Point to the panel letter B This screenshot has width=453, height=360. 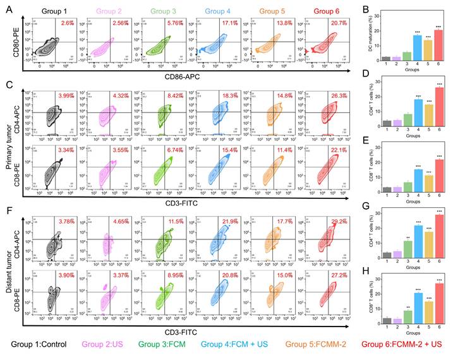pos(361,8)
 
